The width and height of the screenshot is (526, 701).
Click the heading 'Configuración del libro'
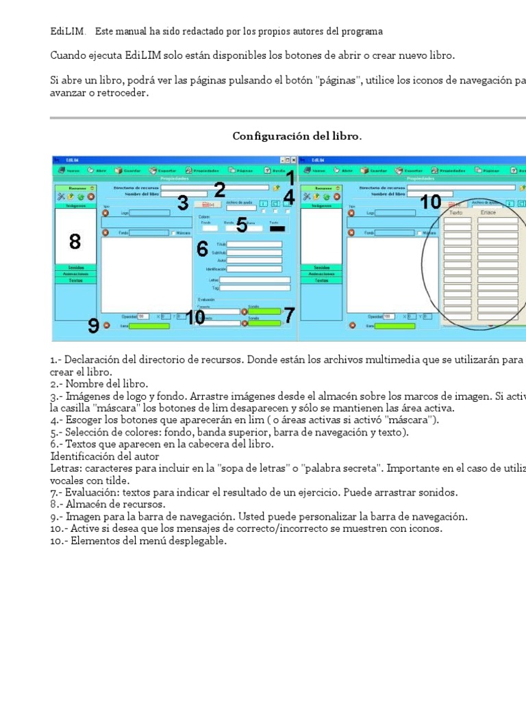pyautogui.click(x=297, y=136)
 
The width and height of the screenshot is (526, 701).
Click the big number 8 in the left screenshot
pyautogui.click(x=75, y=241)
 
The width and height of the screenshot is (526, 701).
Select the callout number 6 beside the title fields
pyautogui.click(x=202, y=249)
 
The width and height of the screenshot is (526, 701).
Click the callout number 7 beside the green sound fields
pyautogui.click(x=289, y=316)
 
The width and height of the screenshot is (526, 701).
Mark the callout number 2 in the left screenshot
pyautogui.click(x=219, y=190)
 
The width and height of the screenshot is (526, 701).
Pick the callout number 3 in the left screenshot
pyautogui.click(x=183, y=203)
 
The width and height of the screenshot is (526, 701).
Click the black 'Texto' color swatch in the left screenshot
pyautogui.click(x=277, y=228)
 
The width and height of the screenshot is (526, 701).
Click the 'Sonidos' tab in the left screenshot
pyautogui.click(x=75, y=267)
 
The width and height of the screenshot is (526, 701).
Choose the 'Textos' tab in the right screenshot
pyautogui.click(x=321, y=280)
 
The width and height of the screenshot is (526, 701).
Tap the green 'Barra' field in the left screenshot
pyautogui.click(x=149, y=326)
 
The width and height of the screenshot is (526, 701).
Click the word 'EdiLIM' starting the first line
pyautogui.click(x=68, y=31)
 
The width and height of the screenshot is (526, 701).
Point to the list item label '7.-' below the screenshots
pyautogui.click(x=56, y=492)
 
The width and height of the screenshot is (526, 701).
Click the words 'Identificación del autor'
pyautogui.click(x=105, y=456)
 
